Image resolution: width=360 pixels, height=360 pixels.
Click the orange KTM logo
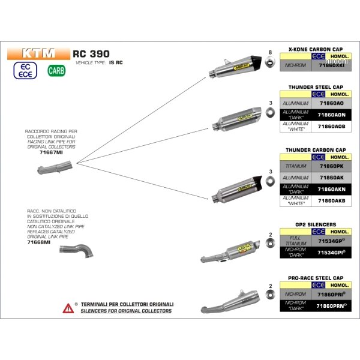(x=38, y=52)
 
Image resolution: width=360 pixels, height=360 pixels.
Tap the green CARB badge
(x=56, y=71)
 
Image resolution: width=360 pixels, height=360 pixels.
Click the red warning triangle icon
(x=67, y=308)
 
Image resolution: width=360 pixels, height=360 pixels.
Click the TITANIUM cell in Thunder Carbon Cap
(x=295, y=166)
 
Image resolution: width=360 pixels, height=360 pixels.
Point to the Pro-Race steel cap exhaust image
(x=231, y=298)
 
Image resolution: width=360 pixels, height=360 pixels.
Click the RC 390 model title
(x=89, y=52)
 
